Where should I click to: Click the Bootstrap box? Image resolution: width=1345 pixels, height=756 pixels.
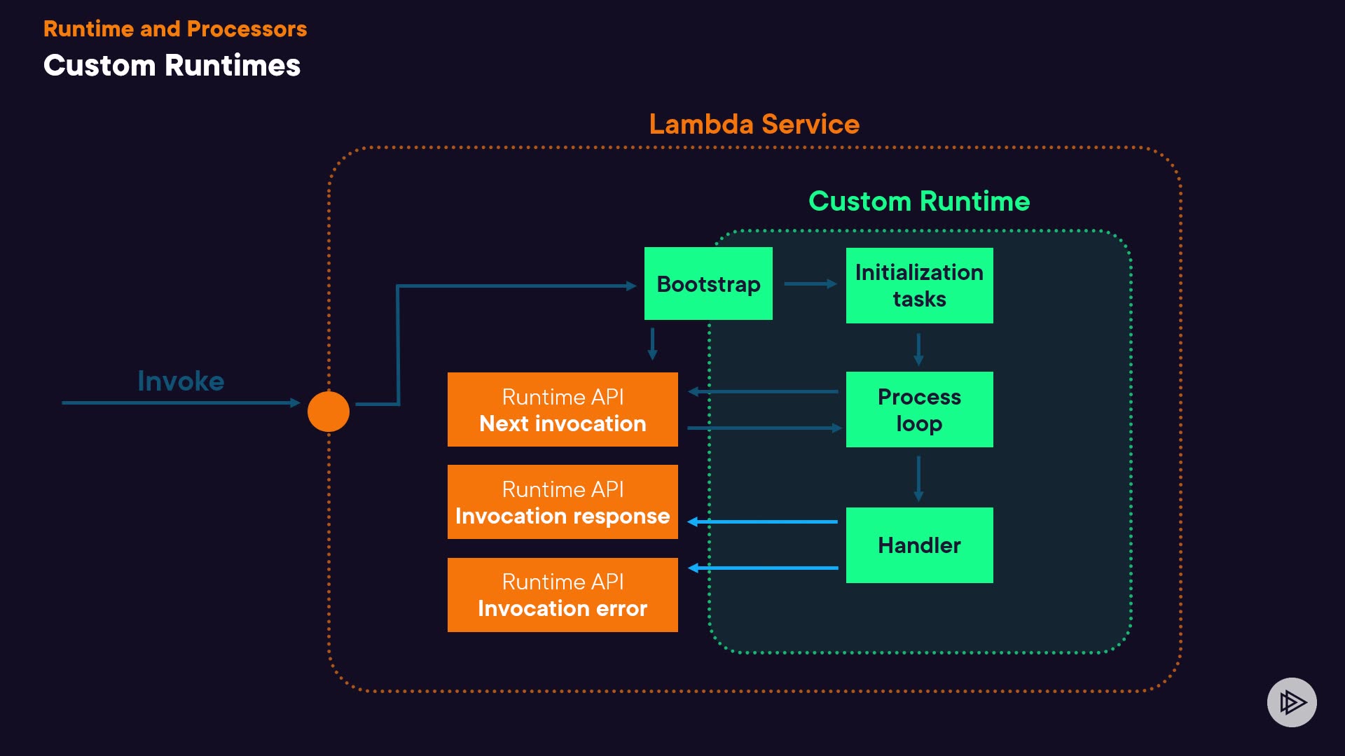708,283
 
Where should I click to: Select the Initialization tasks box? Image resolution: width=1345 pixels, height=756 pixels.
919,286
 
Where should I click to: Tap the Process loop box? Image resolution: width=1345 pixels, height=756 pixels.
919,409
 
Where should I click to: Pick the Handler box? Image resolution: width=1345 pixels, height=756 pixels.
919,545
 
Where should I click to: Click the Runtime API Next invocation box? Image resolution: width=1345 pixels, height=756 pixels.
563,409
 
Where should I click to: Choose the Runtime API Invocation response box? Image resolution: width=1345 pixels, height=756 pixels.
563,502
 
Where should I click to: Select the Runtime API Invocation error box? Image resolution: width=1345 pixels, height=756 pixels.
563,595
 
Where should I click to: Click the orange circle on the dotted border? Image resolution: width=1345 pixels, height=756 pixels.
329,412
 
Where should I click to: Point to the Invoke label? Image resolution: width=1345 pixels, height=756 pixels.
181,381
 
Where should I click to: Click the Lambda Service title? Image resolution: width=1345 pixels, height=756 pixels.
754,124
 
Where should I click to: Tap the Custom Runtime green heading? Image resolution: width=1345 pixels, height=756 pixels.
919,202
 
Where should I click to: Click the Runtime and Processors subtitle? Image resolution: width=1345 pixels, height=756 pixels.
175,29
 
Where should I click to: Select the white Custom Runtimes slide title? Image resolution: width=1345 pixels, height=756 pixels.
172,66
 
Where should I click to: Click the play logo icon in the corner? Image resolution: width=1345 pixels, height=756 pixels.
1292,702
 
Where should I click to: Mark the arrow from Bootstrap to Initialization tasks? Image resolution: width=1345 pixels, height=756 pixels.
810,283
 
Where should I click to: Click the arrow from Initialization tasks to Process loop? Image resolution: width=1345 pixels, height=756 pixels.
918,349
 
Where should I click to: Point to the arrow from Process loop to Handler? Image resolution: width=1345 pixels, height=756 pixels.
918,478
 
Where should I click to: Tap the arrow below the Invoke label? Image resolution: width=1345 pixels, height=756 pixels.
181,402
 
